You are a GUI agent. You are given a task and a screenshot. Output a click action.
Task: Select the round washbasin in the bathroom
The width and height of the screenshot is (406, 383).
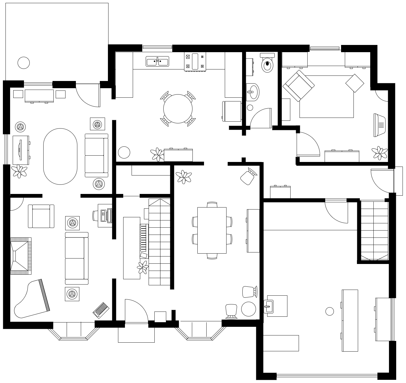(252, 92)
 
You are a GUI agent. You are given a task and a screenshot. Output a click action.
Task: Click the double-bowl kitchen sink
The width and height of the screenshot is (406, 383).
(157, 61)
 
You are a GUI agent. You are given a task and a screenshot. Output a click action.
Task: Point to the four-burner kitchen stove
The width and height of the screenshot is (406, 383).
(195, 62)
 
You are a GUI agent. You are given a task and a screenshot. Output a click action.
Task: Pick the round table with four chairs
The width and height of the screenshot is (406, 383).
(178, 109)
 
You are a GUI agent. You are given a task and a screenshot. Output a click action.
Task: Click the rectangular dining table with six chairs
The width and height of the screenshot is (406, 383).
(212, 230)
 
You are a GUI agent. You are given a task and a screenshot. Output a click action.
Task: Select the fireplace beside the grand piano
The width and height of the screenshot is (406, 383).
(20, 256)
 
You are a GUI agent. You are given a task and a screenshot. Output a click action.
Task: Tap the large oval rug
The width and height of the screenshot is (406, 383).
(60, 156)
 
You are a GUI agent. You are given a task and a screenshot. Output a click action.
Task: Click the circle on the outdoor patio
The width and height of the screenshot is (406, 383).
(24, 63)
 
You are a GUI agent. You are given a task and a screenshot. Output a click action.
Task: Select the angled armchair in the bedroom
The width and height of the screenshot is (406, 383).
(299, 86)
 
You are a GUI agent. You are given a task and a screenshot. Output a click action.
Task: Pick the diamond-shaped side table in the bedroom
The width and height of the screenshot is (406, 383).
(355, 83)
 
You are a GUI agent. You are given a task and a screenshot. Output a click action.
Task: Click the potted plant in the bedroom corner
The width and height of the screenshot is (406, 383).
(379, 153)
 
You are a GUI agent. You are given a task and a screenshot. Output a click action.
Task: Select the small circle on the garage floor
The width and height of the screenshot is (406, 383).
(330, 311)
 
